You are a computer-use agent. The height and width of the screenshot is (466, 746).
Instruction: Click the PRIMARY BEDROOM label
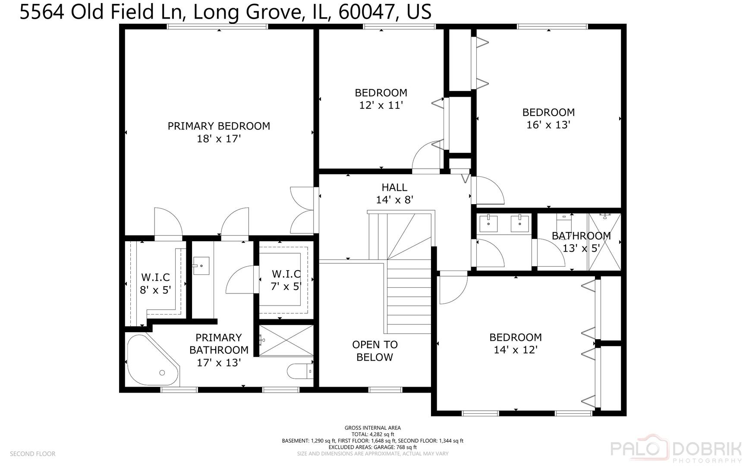click(x=219, y=126)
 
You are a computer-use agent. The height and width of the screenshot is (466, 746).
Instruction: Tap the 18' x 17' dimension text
click(x=219, y=139)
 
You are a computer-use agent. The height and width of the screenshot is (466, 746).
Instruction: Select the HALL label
click(x=394, y=187)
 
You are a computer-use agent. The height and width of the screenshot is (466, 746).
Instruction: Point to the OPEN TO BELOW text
click(x=375, y=351)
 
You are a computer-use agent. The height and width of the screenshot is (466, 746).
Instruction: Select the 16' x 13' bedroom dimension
click(x=548, y=125)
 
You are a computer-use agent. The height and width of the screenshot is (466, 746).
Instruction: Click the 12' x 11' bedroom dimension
click(x=381, y=105)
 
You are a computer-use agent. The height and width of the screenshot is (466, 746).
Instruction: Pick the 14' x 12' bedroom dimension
click(x=516, y=349)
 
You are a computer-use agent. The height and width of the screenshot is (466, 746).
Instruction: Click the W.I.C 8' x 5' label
click(x=155, y=283)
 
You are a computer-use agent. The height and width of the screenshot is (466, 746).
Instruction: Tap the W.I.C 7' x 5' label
click(x=286, y=280)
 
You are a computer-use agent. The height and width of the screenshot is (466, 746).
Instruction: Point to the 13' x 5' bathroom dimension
click(x=581, y=248)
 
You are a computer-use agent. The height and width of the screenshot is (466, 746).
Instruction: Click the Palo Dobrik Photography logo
click(x=676, y=450)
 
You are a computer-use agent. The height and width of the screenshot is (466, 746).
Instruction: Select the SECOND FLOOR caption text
click(x=33, y=453)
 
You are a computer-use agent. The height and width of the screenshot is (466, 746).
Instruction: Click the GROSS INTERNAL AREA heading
click(x=373, y=428)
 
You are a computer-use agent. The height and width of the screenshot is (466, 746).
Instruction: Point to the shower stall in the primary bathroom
click(x=286, y=340)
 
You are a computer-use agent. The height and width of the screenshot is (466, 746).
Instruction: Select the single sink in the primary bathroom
click(x=201, y=265)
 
